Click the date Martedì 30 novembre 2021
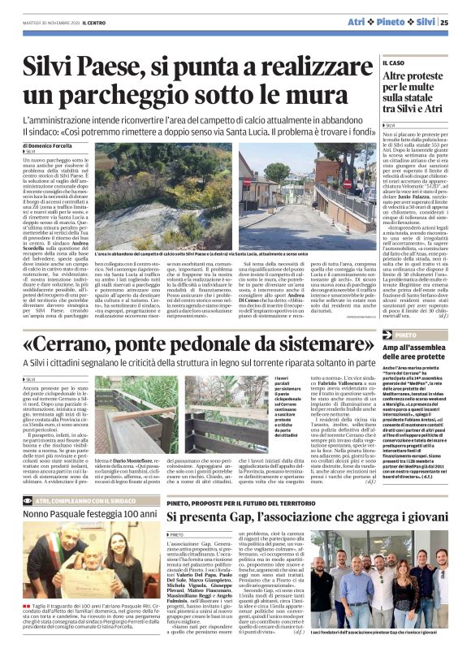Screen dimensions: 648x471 tap(52, 22)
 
